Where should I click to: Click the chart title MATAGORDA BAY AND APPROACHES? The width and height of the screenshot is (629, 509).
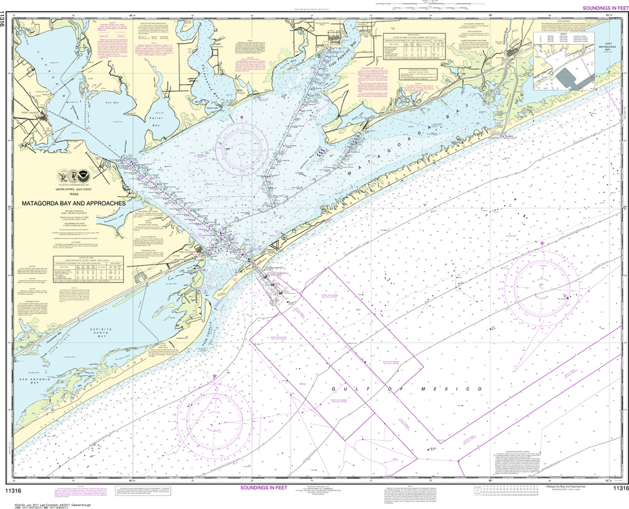click(x=74, y=203)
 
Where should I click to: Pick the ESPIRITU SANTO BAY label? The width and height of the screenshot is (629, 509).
click(x=98, y=333)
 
